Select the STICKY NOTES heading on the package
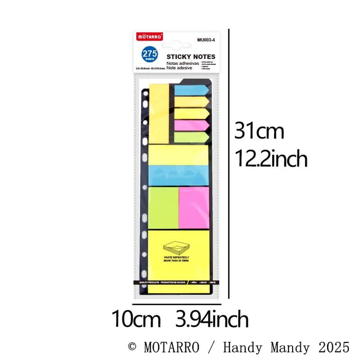click(191, 57)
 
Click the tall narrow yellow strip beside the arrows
click(159, 113)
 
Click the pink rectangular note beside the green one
click(194, 207)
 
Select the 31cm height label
click(259, 131)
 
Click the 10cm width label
click(136, 319)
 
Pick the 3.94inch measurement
click(211, 319)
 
